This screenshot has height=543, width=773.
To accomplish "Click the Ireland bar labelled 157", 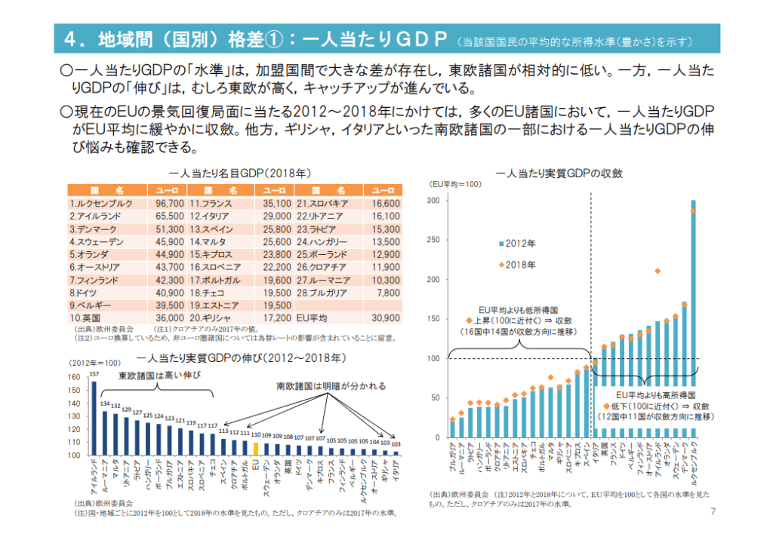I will tap(94, 419).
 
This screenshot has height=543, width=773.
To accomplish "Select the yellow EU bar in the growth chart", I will tap(256, 449).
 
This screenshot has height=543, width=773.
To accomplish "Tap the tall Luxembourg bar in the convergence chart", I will tap(693, 317).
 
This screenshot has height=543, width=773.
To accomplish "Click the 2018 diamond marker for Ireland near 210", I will tap(658, 270).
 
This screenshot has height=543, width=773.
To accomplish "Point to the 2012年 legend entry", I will tap(516, 244).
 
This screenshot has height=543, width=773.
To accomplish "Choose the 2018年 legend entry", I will tap(516, 265).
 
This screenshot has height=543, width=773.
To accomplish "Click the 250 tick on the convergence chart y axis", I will tap(433, 240).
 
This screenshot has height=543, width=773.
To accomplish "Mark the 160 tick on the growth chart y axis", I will tap(73, 377).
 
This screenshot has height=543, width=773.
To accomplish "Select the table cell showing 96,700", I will tap(169, 204).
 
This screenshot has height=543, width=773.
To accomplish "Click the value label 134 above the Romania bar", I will tap(105, 403).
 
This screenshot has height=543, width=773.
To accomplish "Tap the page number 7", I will tap(713, 514).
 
